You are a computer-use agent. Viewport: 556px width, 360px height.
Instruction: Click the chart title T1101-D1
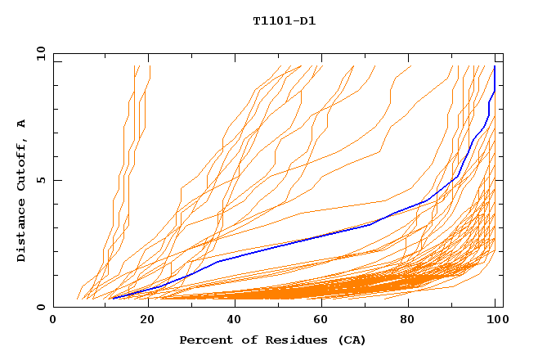284,20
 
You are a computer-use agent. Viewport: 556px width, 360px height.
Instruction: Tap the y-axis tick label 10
40,52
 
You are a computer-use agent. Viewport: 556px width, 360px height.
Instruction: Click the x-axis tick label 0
53,321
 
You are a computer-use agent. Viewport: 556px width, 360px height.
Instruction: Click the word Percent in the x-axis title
203,340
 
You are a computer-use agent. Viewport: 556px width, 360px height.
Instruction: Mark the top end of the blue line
495,66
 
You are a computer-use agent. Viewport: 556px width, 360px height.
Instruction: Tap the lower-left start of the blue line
112,299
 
